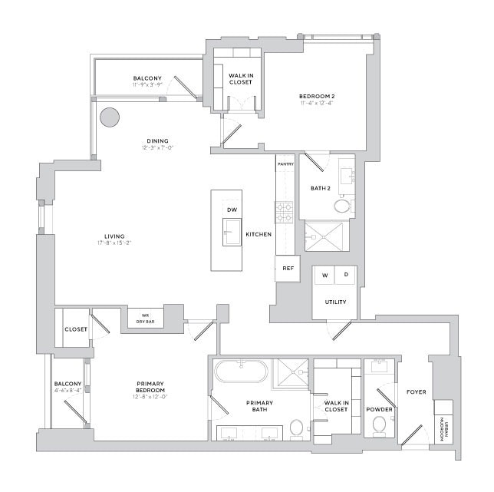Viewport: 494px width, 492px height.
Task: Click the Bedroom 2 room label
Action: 317,97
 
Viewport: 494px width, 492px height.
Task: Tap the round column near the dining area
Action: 110,117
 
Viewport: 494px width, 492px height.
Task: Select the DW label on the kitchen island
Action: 232,210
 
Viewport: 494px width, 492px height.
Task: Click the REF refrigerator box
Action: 288,268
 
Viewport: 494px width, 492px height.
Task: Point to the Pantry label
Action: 285,163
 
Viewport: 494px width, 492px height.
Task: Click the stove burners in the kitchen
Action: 285,212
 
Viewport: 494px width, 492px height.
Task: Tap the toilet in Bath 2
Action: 341,206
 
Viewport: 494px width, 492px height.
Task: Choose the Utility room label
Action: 335,302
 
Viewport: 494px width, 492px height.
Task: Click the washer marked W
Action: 324,275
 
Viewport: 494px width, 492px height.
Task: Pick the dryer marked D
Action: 345,275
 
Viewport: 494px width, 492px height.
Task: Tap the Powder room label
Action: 379,410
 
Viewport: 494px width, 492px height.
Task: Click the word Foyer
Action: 417,392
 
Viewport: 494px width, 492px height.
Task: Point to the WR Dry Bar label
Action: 143,318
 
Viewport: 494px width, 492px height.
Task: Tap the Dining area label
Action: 158,140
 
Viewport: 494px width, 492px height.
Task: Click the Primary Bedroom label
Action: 128,388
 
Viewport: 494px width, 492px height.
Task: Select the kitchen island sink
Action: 232,231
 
